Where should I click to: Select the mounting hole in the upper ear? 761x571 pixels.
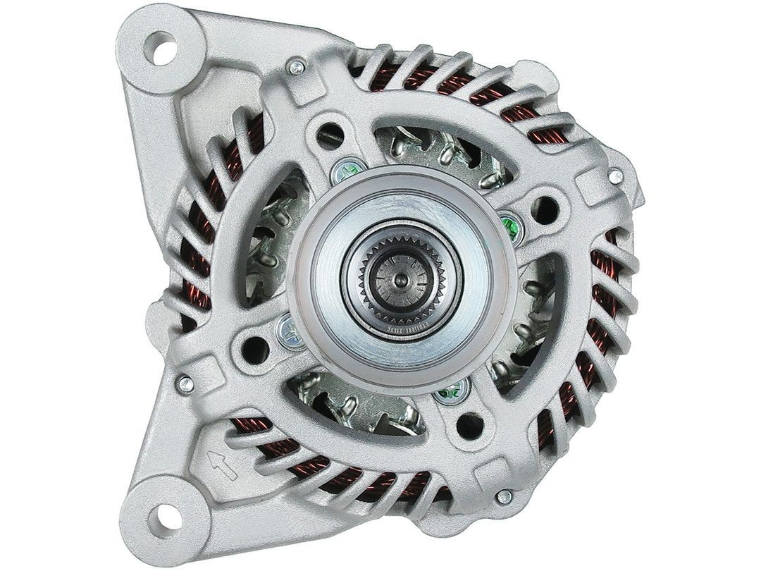click(x=162, y=45)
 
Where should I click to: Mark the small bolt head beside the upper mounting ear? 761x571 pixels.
click(x=297, y=68)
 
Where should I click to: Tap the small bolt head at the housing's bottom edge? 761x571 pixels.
click(x=501, y=497)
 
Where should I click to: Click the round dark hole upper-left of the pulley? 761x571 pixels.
click(x=328, y=132)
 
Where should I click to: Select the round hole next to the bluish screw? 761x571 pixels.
click(x=255, y=345)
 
